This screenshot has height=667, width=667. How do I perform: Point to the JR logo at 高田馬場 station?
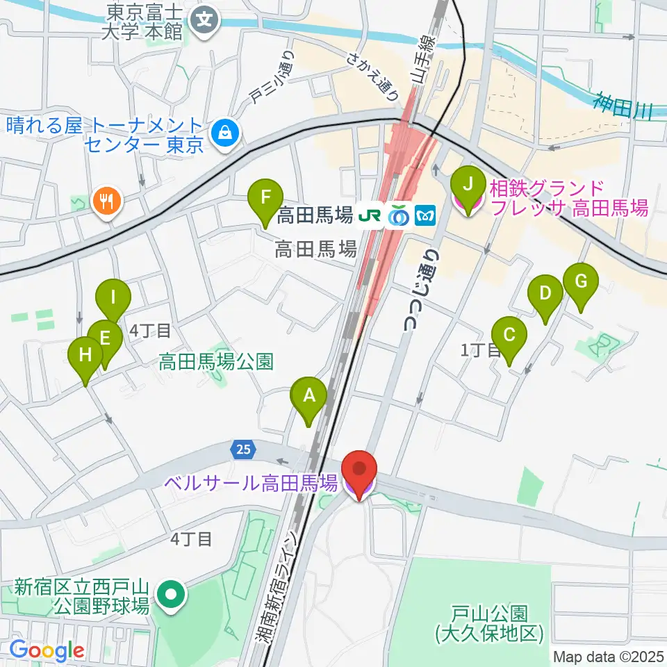coord(370,217)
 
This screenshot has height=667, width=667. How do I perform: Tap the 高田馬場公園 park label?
coord(216,361)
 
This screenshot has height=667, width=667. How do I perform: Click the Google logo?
coord(47,650)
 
